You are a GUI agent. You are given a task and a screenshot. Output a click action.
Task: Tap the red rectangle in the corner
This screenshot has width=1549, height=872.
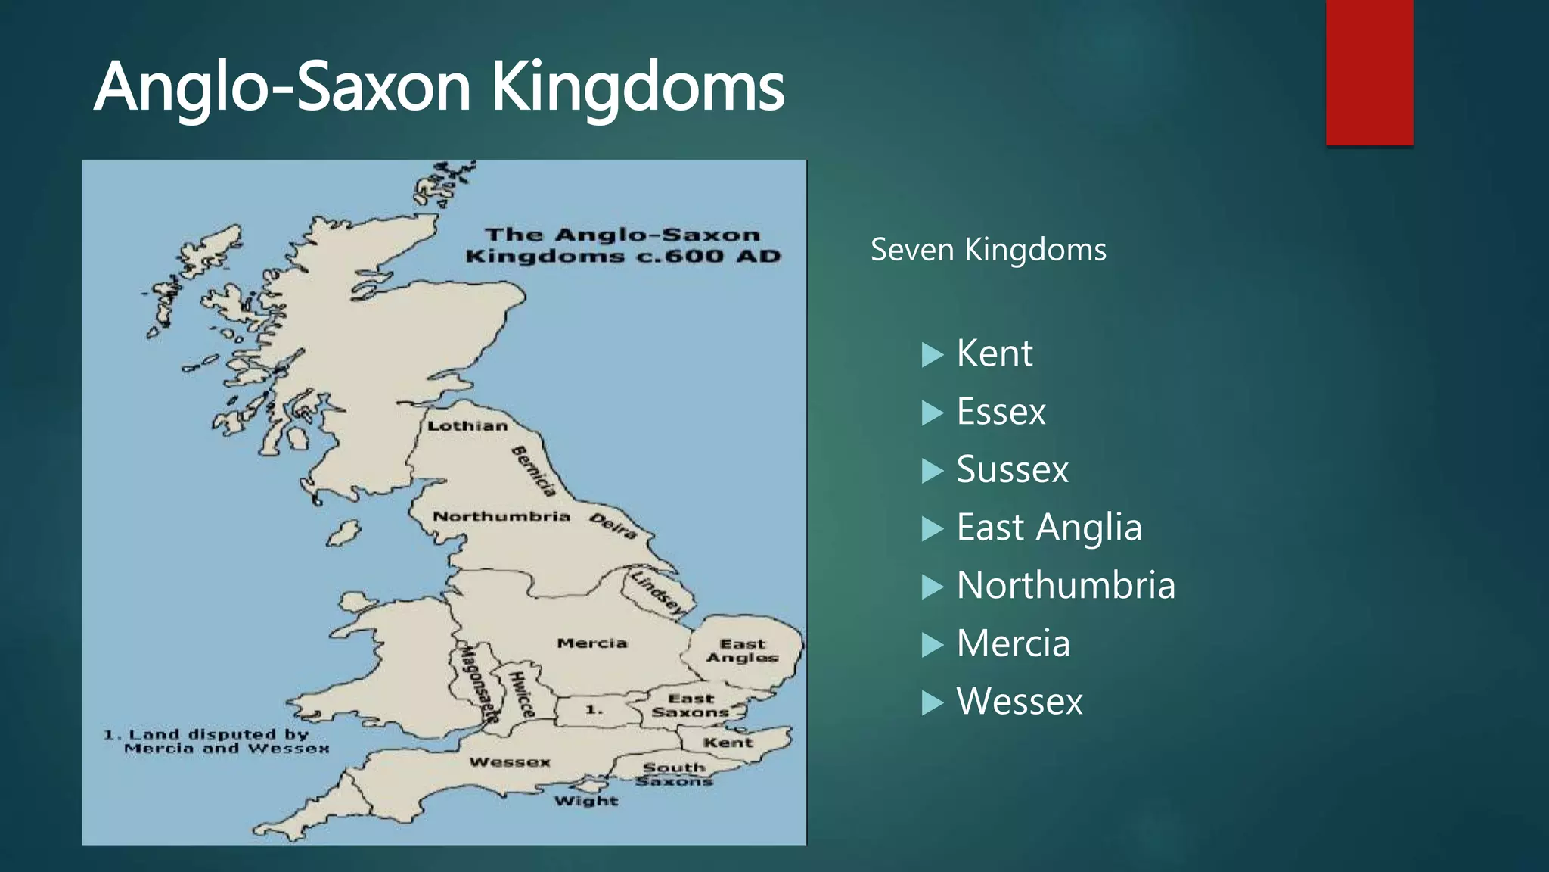(1369, 72)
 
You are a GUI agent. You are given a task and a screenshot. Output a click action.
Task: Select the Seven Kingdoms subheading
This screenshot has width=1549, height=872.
(988, 250)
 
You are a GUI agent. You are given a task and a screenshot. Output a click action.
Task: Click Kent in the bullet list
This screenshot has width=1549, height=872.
(994, 353)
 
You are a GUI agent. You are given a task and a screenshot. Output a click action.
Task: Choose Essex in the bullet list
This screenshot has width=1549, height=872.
(1001, 412)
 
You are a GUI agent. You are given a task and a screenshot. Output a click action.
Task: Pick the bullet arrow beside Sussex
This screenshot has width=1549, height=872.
(933, 471)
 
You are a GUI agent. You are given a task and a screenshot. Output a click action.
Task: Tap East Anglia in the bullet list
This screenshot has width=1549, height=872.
(1048, 528)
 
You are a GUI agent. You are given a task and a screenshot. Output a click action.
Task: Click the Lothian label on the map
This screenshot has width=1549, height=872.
(467, 426)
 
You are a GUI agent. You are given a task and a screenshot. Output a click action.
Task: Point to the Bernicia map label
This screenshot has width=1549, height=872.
(534, 471)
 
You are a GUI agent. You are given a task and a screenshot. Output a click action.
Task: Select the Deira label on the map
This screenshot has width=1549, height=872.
(613, 526)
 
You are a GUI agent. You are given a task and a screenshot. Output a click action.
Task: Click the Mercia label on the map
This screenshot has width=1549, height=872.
(592, 643)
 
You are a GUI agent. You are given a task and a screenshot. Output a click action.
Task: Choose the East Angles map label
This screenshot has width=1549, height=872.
(743, 650)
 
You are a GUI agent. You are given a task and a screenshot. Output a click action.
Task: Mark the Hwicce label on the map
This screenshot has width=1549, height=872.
(522, 694)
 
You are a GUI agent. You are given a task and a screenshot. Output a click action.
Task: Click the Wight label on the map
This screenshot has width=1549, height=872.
(586, 801)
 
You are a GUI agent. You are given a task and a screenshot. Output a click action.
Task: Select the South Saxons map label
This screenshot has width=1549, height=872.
(674, 774)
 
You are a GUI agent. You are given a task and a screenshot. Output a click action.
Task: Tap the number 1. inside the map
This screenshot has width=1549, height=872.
(594, 710)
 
